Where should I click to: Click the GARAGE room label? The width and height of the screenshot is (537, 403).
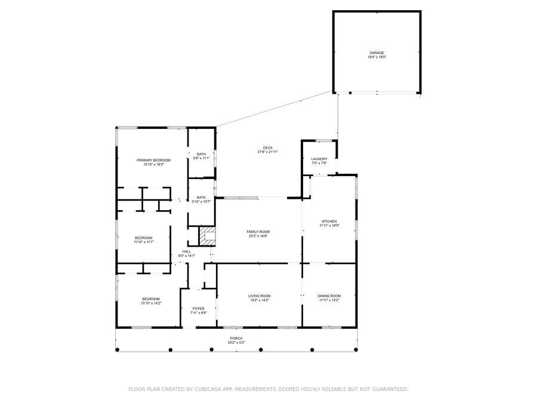376,53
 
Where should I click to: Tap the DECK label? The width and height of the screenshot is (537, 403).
267,148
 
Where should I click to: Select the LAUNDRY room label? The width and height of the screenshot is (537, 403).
319,159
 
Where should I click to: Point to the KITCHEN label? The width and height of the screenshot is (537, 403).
329,222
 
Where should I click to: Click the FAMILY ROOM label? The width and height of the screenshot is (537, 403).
258,232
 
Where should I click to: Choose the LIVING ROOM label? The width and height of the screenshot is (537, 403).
260,296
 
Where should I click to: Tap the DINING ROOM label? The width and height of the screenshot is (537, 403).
329,296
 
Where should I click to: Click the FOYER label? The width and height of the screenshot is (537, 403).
198,309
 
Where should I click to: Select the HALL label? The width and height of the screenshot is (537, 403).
187,251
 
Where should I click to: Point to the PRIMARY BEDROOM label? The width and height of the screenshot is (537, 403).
153,160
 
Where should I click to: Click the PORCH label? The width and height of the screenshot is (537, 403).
236,339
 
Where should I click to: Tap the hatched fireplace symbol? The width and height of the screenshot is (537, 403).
206,236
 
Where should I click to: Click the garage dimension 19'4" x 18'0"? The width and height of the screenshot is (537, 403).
376,57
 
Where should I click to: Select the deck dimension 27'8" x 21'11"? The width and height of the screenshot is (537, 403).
267,152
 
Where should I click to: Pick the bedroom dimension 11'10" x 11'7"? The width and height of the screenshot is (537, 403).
143,242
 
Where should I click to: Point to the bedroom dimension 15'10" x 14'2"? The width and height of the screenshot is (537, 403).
151,303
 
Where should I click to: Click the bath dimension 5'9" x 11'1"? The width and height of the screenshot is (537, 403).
202,158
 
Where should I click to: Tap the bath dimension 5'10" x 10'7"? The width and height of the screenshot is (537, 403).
202,202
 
